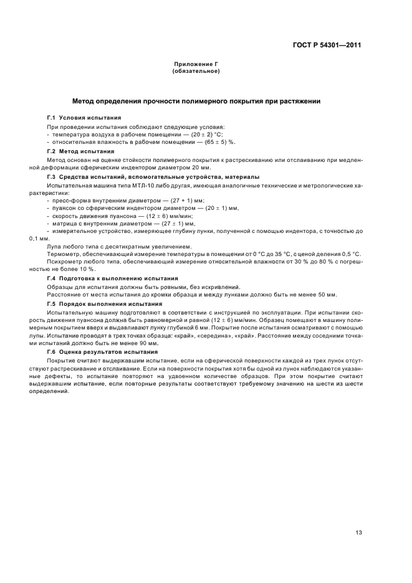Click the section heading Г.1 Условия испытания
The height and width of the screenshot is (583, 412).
point(84,117)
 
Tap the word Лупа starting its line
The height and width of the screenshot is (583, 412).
point(55,245)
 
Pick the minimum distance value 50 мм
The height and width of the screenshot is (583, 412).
point(326,294)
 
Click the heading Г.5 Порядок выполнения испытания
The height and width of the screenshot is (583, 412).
point(105,303)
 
